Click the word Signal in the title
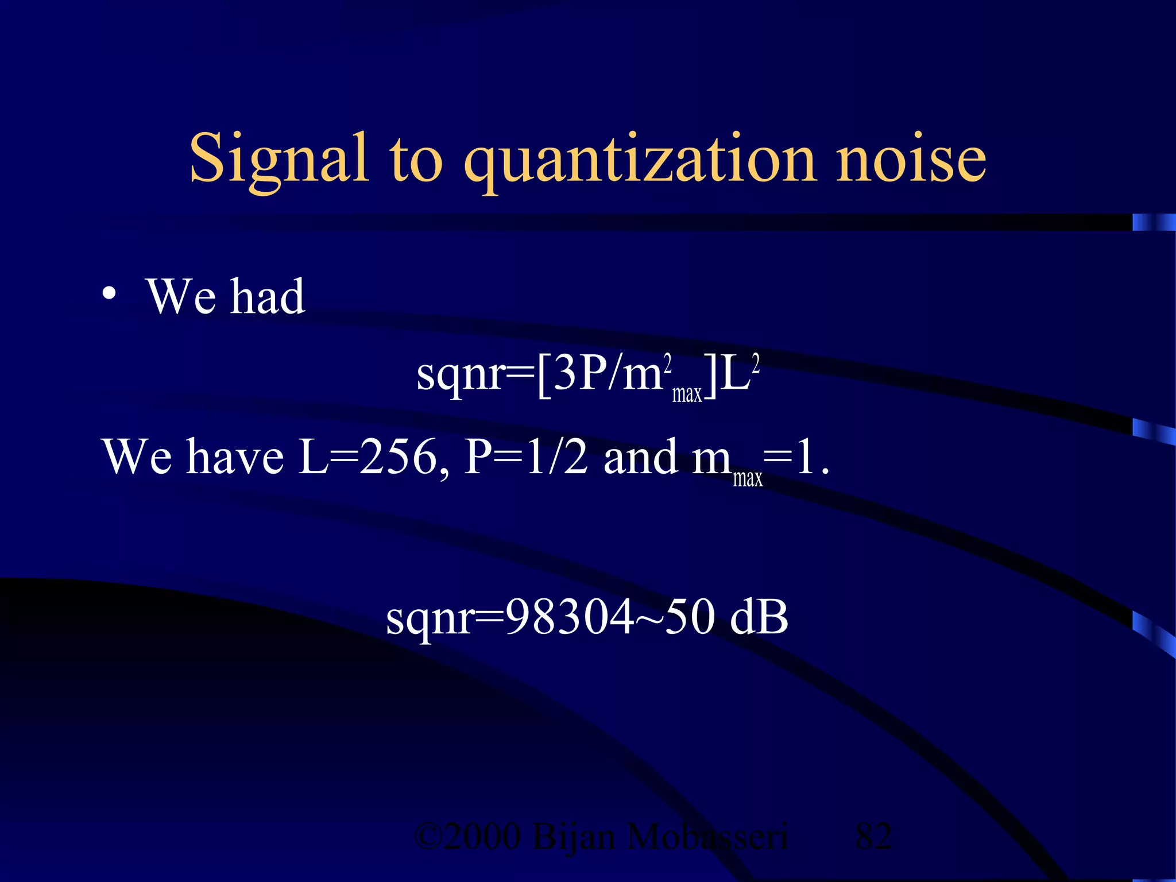[x=278, y=158]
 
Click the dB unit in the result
[x=759, y=617]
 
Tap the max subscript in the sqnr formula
[x=687, y=394]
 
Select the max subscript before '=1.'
[x=747, y=478]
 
